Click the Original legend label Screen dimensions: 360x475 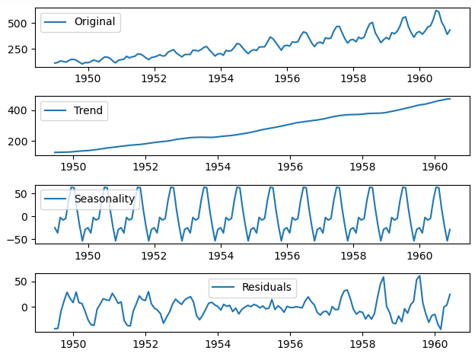coord(95,21)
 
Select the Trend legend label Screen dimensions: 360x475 coord(88,110)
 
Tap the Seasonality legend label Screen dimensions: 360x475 coord(104,199)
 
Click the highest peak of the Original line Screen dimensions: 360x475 coord(436,10)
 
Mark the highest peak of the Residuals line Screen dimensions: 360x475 coord(419,276)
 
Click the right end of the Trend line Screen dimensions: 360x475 coord(450,98)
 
